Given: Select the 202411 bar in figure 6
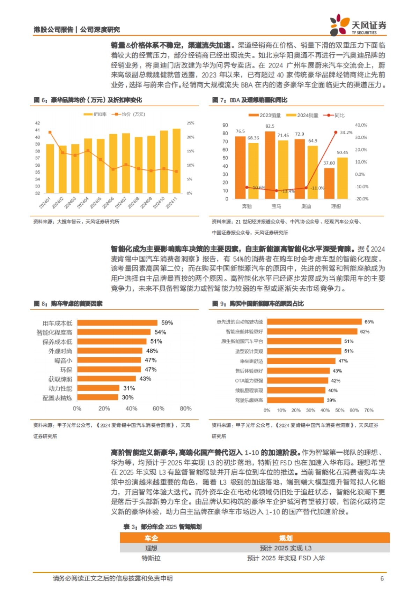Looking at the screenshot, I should point(176,161).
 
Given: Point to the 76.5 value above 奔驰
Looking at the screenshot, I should point(240,131).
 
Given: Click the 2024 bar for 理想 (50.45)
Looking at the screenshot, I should point(342,178).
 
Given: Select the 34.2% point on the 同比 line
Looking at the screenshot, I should point(336,132).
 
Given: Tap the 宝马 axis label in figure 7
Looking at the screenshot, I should point(276,206).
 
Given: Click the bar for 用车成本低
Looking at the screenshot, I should point(117,323).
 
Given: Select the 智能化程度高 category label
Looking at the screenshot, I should point(54,333).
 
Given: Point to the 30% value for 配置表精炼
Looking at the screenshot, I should point(127,397).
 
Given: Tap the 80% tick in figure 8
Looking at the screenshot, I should point(185,409).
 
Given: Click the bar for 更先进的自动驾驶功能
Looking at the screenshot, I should point(314,321).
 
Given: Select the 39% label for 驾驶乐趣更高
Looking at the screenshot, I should point(331,400).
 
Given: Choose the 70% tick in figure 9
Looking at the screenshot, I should point(369,410).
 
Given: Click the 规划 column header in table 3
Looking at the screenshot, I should point(286,538).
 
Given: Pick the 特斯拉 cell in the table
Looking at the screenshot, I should point(151,558).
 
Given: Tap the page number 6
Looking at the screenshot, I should point(382,578).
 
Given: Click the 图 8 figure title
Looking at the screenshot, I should point(68,304).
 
